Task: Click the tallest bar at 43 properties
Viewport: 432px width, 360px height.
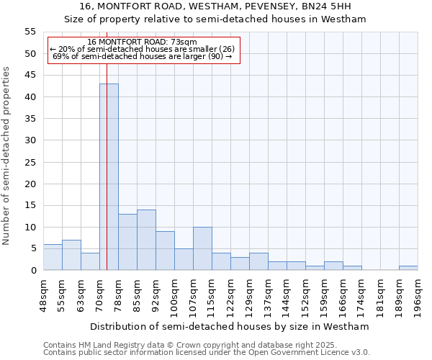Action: coord(109,176)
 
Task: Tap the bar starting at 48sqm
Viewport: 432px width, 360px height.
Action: coord(53,257)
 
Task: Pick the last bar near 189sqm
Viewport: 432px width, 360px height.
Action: coord(408,268)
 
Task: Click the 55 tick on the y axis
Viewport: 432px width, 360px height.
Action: coord(30,32)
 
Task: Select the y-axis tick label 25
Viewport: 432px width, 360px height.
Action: coord(30,162)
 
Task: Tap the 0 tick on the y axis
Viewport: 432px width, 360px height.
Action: coord(33,271)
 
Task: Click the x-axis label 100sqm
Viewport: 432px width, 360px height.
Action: coord(175,293)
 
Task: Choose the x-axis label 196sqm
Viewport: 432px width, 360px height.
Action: coord(418,293)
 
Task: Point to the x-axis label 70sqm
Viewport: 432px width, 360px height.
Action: coord(100,292)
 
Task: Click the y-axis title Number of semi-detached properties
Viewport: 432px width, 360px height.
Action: coord(6,156)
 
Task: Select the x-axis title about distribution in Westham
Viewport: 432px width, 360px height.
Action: coord(230,326)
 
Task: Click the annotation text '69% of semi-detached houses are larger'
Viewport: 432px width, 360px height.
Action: coord(143,56)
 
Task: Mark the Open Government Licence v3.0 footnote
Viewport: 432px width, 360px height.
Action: coord(207,353)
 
